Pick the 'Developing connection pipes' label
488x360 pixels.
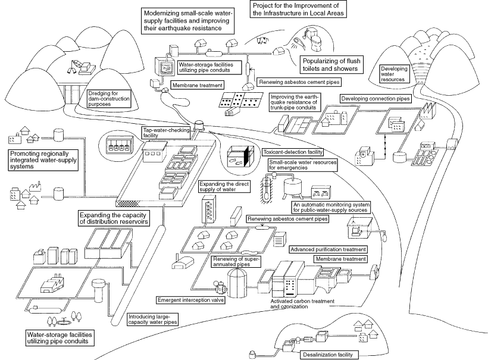click(376, 98)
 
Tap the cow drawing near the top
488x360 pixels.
click(261, 41)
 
